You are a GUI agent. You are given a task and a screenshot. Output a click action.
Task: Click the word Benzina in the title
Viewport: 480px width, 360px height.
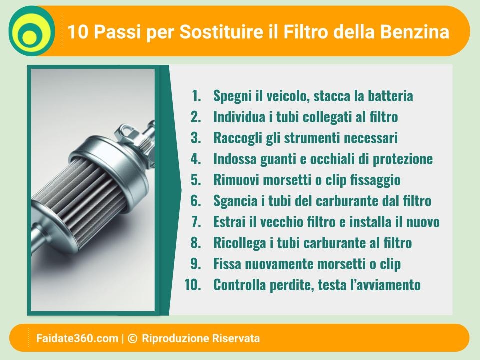(x=415, y=32)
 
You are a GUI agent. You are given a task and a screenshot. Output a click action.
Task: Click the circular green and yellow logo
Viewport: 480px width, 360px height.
(x=32, y=31)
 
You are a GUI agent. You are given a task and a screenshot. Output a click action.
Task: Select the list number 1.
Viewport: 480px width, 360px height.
(x=196, y=96)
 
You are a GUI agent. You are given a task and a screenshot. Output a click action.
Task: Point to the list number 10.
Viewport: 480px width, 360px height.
(x=193, y=285)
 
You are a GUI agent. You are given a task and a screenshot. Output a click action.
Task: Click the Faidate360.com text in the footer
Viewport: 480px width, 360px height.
(x=77, y=338)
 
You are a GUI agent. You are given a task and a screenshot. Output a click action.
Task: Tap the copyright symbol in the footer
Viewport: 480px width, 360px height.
(x=132, y=338)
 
